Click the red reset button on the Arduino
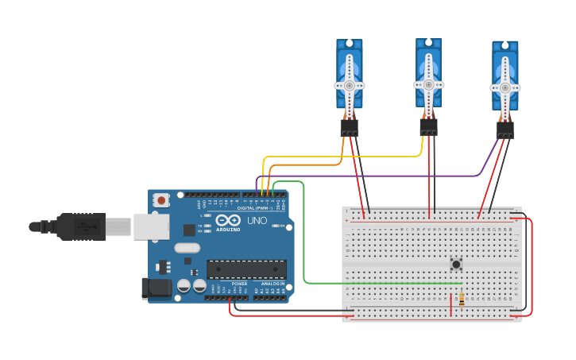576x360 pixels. tap(161, 200)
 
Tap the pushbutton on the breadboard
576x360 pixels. tap(456, 264)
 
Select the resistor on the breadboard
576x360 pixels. tap(462, 300)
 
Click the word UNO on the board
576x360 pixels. tap(257, 220)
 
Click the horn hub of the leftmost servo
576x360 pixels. tap(349, 85)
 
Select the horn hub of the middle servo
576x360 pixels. tap(428, 83)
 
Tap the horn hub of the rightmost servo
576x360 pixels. tap(504, 87)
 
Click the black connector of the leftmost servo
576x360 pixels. tap(349, 128)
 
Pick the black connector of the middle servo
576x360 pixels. tap(428, 127)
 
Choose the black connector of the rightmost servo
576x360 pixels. tap(504, 130)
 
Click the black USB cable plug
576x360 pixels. tap(79, 226)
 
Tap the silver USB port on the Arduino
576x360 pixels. tap(151, 226)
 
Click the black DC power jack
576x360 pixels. tap(155, 288)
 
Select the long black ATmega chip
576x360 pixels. tap(246, 269)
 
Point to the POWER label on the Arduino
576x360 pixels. tap(239, 283)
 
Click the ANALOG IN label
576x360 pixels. tap(273, 283)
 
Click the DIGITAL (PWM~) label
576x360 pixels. tap(255, 208)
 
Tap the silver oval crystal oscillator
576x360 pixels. tap(187, 247)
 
